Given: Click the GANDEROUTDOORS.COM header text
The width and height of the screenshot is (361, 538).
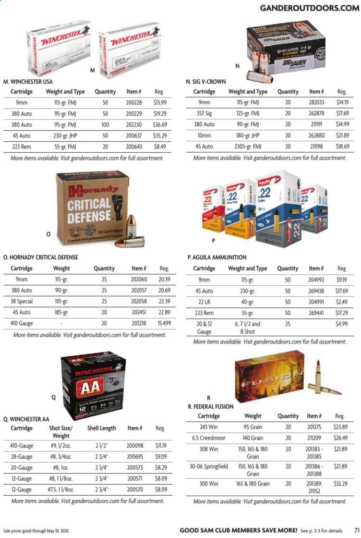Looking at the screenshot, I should [x=309, y=8].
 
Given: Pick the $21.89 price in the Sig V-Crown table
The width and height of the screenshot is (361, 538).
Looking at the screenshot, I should [x=341, y=136].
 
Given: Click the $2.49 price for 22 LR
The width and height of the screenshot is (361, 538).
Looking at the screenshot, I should [x=342, y=302].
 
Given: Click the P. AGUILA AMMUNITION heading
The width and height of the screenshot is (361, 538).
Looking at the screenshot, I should [x=217, y=257].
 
